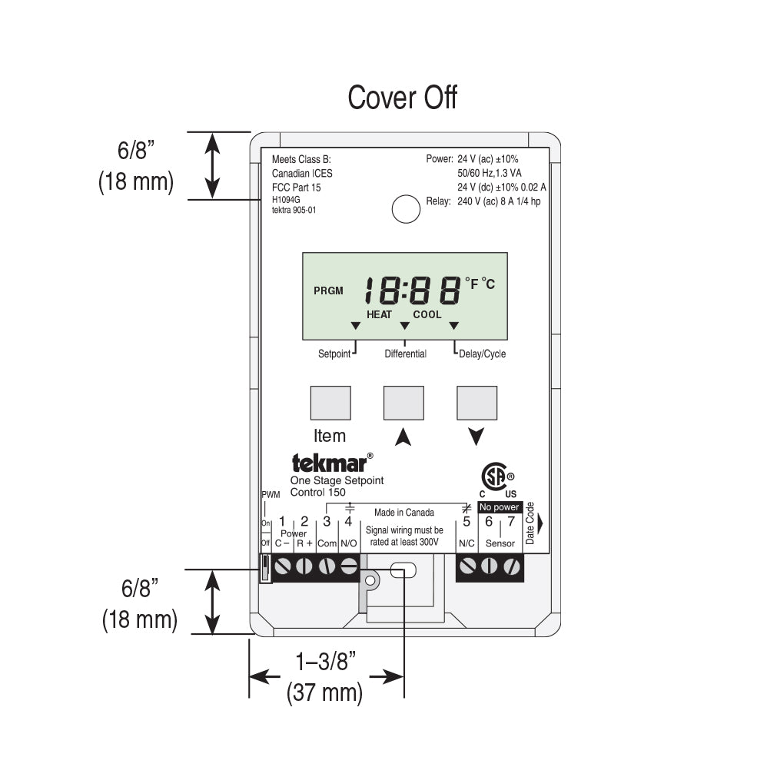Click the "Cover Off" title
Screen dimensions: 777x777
coord(402,98)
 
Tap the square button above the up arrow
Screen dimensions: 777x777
coord(403,403)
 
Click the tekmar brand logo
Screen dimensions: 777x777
coord(332,463)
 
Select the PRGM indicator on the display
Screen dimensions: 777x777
coord(328,291)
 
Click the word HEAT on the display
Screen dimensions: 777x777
coord(379,314)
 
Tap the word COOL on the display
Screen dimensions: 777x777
coord(427,314)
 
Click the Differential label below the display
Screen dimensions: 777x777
coord(405,354)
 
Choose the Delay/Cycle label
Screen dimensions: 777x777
coord(482,354)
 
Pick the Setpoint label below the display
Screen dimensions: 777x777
coord(334,354)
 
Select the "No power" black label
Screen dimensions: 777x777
coord(499,507)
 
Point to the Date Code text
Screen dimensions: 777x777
coord(530,523)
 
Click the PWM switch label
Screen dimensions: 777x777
coord(271,495)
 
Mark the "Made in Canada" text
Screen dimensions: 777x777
coord(403,513)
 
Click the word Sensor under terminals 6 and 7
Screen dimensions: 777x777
coord(500,543)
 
